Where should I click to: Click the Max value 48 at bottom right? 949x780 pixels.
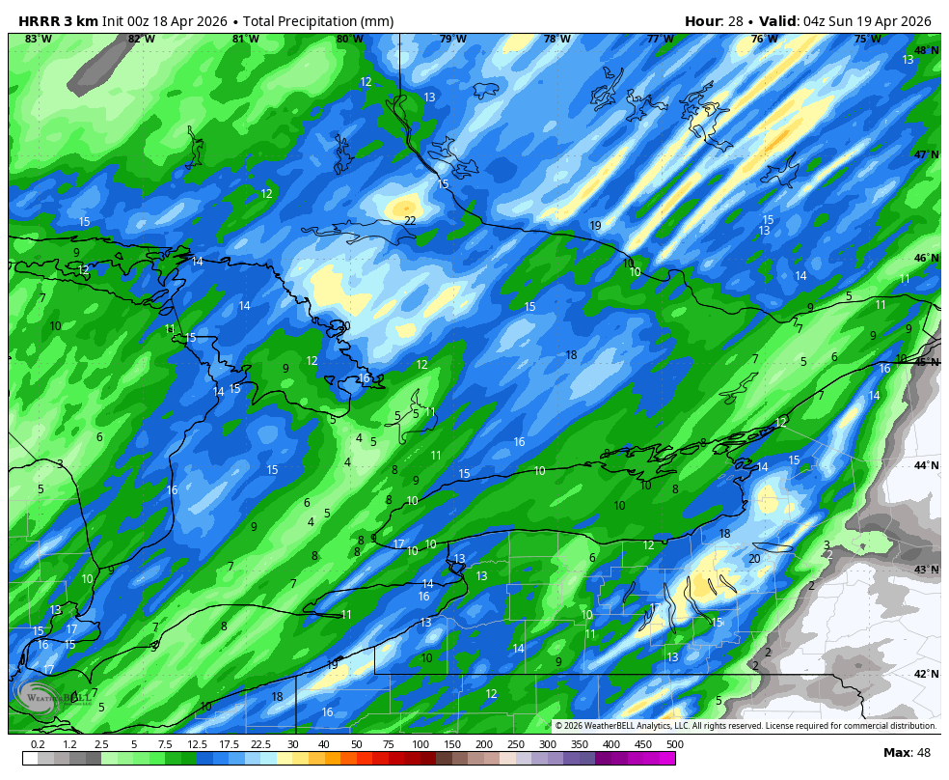coord(923,753)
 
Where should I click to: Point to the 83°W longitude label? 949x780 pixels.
coord(38,39)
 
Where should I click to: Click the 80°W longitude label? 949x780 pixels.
coord(349,39)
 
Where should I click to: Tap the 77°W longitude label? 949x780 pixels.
coord(660,39)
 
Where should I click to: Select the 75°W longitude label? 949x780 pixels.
coord(867,39)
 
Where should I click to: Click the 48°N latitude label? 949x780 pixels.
coord(926,50)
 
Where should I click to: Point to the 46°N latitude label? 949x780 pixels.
coord(926,258)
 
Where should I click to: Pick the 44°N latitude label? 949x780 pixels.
coord(926,465)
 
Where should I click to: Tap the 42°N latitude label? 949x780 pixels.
coord(926,674)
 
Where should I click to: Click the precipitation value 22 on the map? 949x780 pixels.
coord(410,221)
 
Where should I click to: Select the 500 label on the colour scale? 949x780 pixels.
coord(674,744)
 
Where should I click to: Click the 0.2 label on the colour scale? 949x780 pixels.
coord(38,744)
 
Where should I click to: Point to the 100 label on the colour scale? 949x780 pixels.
coord(420,744)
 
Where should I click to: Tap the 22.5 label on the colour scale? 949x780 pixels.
coord(260,744)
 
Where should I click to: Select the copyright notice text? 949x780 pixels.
coord(746,726)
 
